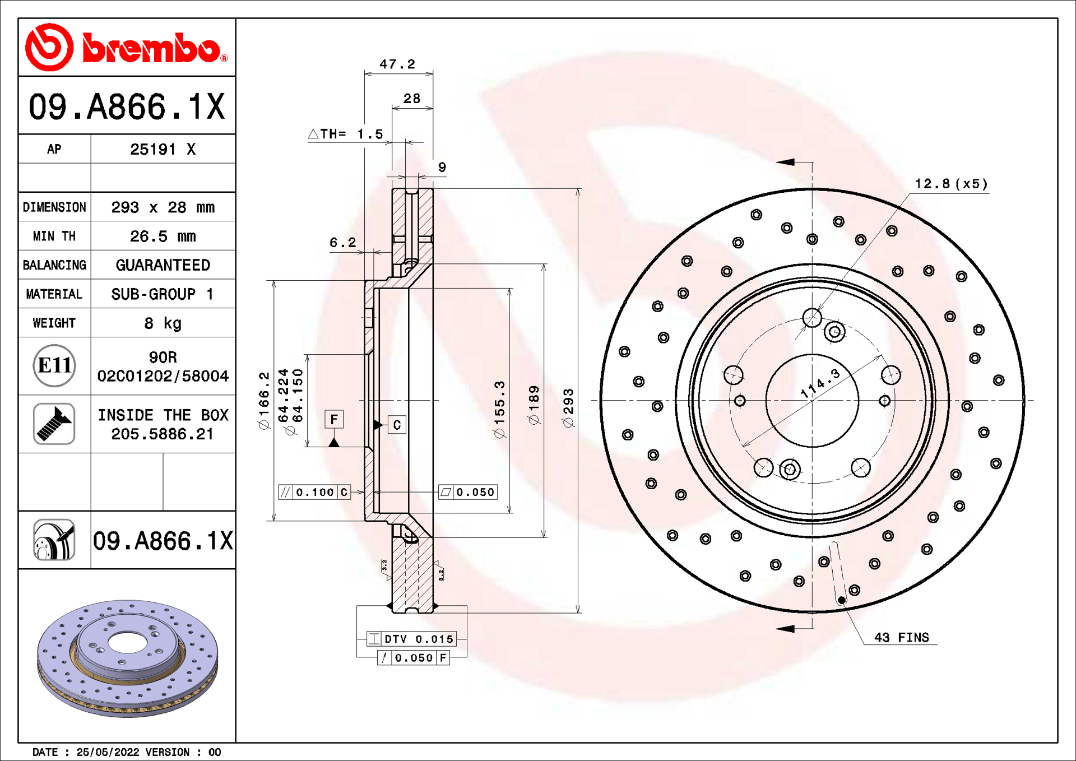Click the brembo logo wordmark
click(x=151, y=49)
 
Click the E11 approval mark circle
click(x=54, y=366)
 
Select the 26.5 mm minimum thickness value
click(x=163, y=236)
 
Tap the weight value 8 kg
click(x=163, y=323)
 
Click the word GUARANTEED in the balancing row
click(x=163, y=265)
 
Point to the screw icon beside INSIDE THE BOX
click(x=54, y=424)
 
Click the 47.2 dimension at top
click(x=397, y=64)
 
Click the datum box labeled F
click(x=334, y=419)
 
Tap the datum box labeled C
click(x=397, y=425)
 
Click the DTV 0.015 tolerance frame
click(x=412, y=639)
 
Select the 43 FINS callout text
click(x=901, y=638)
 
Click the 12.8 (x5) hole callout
click(x=951, y=184)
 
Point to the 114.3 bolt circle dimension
click(x=820, y=384)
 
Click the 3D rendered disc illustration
click(x=128, y=658)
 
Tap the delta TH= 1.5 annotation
click(x=346, y=134)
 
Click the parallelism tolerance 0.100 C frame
click(x=314, y=492)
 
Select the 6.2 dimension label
click(x=342, y=243)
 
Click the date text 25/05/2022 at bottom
click(x=108, y=752)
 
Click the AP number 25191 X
click(x=163, y=150)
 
